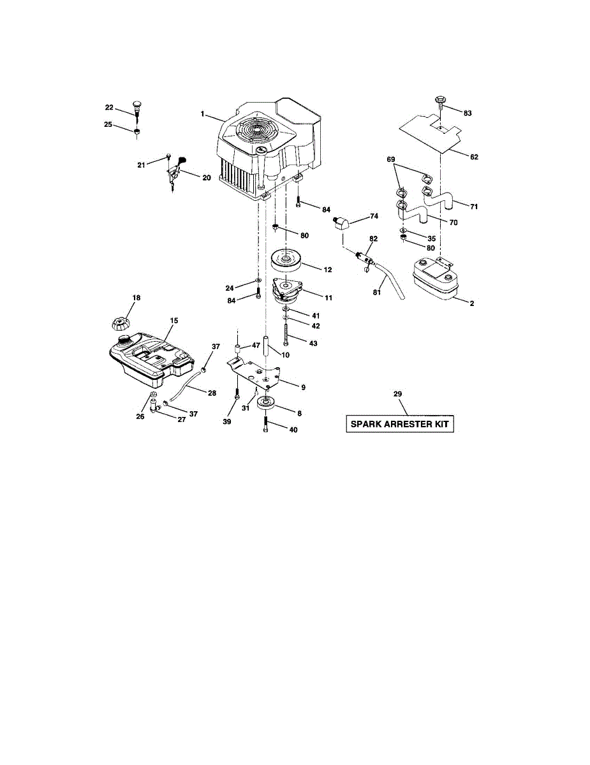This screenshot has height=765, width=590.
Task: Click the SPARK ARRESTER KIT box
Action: click(x=400, y=425)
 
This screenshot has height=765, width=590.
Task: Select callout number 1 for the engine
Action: click(x=202, y=114)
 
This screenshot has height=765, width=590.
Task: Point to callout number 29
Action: click(x=397, y=395)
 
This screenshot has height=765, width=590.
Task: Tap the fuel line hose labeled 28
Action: click(x=189, y=384)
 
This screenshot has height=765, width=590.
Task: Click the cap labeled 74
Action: click(x=342, y=224)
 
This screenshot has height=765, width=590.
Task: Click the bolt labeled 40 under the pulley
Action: click(x=265, y=425)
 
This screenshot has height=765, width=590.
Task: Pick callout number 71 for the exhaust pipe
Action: click(x=473, y=207)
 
